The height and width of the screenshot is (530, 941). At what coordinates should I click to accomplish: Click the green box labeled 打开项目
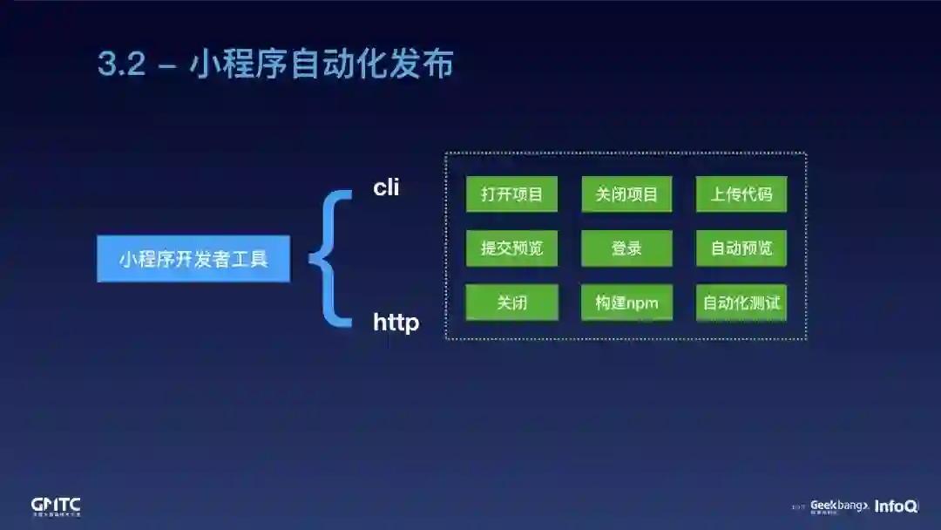pos(511,194)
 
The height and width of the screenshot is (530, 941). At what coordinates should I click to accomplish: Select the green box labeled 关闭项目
pos(626,194)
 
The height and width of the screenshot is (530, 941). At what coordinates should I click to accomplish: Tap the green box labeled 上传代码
pos(741,194)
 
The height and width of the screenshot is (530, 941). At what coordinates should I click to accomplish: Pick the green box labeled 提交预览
pos(511,248)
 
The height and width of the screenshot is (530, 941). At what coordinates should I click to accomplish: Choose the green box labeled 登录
pos(626,248)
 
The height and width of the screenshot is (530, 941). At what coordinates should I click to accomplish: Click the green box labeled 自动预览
pos(741,248)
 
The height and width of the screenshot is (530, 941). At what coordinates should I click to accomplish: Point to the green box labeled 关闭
pos(511,302)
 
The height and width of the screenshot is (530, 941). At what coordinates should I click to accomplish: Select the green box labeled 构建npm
pos(626,302)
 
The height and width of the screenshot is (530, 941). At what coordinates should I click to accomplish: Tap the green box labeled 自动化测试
pos(741,302)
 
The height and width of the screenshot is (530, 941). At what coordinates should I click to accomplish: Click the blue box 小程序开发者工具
pos(193,259)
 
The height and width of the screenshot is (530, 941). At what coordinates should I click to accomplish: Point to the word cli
pos(386,187)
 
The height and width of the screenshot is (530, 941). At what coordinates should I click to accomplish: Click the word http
pos(396,323)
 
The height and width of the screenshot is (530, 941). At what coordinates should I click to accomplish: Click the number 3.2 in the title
pos(121,65)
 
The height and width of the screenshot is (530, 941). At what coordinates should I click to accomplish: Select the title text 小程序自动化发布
pos(322,65)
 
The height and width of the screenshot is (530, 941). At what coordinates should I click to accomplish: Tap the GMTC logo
pos(56,506)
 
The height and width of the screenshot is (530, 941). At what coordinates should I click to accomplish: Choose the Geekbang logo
pos(839,506)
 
